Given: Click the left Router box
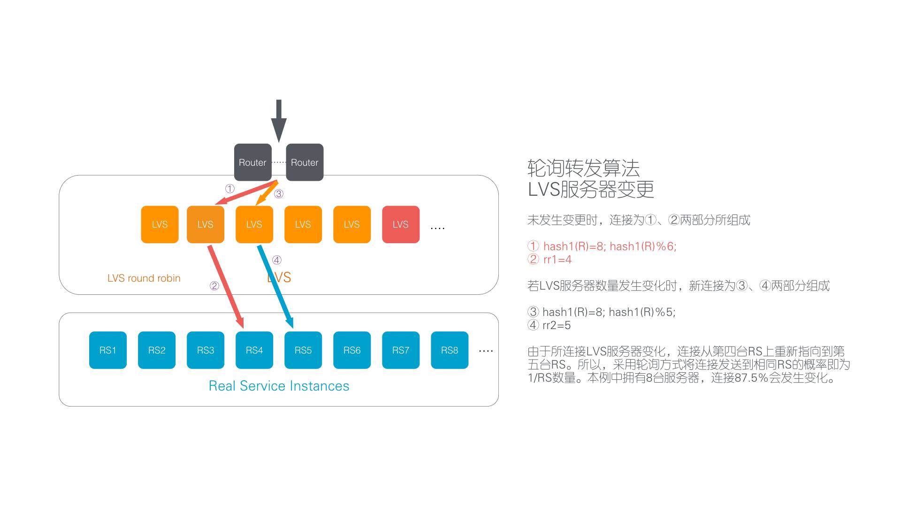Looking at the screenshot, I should click(252, 162).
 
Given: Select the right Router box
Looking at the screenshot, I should click(305, 162).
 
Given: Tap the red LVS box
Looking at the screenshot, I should click(400, 224).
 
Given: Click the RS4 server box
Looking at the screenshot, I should click(254, 350).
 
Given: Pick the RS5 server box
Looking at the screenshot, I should click(303, 350).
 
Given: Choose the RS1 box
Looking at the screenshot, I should click(107, 350).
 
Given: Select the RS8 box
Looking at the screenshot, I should click(449, 350).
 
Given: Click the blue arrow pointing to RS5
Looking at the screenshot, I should click(275, 286).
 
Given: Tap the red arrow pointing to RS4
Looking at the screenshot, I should click(226, 286).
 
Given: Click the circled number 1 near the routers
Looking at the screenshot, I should click(229, 189).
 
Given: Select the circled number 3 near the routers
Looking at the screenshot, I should click(279, 194).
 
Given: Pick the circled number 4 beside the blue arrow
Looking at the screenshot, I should click(277, 260).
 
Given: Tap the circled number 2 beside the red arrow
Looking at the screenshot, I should click(214, 286).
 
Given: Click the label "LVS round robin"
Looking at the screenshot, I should click(144, 278).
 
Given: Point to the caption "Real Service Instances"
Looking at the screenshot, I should click(279, 386).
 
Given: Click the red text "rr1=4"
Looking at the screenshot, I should click(557, 260).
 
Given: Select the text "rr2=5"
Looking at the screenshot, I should click(557, 325).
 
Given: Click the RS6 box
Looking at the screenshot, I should click(351, 350).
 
